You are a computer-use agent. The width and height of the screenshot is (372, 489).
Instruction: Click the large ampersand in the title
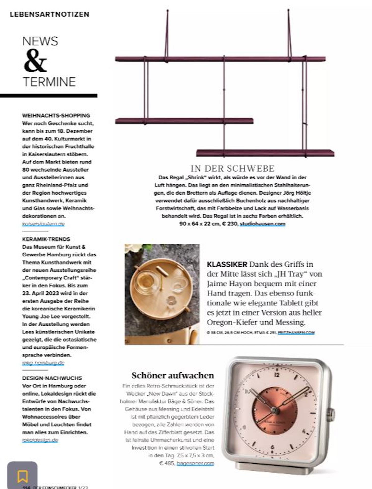coord(35,61)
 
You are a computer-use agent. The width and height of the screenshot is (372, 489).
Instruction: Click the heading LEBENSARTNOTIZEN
coord(49,14)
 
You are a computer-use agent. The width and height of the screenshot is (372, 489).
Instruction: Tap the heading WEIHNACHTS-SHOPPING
coord(56,115)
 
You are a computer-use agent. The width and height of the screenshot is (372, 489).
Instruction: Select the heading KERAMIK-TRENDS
coord(46,239)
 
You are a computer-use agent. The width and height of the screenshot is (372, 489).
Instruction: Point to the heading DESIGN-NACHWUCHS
coord(52,378)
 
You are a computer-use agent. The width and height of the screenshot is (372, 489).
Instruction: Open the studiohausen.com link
coord(262,224)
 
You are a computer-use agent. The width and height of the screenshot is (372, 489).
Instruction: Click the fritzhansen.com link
coord(296,332)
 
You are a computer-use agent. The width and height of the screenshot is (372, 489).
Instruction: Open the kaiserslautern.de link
coord(43,224)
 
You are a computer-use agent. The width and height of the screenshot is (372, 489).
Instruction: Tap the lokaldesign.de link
coord(40,440)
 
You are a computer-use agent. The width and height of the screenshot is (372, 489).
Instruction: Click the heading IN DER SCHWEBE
coord(232,168)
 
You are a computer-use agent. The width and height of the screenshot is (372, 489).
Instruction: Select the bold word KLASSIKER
coord(227,264)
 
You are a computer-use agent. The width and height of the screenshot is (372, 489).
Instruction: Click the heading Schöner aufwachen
coord(173,375)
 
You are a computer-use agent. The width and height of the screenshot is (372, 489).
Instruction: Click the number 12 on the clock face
coord(277,375)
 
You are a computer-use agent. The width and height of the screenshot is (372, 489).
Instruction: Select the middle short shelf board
coord(184,121)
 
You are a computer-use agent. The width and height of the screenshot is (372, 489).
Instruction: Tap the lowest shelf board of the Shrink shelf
coord(265,153)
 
